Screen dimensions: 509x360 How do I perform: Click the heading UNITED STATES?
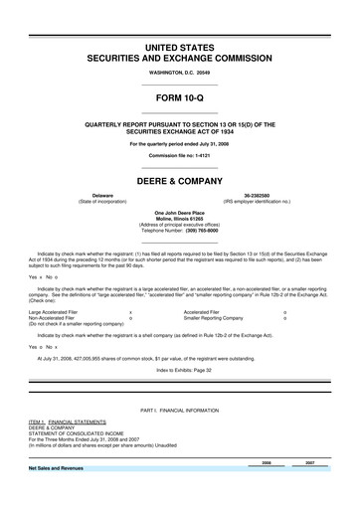180,49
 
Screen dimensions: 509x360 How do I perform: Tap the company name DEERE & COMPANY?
180,183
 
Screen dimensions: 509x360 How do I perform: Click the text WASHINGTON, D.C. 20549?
180,74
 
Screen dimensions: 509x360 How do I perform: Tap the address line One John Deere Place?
180,214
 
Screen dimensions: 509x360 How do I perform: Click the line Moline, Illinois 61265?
180,220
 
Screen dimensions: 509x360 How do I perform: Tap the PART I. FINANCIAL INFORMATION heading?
180,411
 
